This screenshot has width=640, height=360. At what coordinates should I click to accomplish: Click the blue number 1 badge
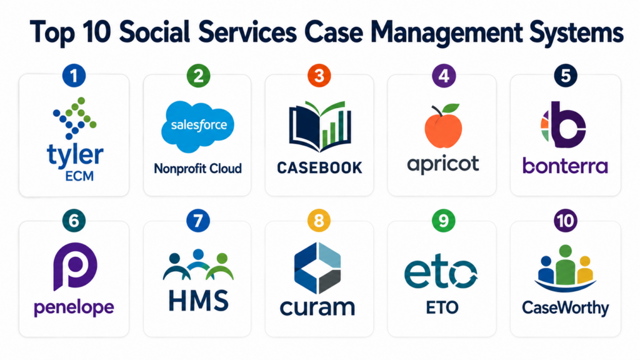tap(74, 76)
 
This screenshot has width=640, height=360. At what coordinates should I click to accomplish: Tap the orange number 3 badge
tap(319, 76)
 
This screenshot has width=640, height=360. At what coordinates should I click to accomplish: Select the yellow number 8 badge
tap(319, 221)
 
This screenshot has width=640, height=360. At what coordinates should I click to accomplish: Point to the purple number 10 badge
tap(565, 221)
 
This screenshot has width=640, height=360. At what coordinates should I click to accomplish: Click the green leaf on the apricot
tap(451, 108)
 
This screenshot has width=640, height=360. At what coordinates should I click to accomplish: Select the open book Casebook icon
tap(319, 126)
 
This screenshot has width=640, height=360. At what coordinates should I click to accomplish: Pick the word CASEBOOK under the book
tap(319, 167)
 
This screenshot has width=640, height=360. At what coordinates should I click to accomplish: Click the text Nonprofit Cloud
tap(197, 169)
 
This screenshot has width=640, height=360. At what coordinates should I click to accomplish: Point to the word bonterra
tap(565, 166)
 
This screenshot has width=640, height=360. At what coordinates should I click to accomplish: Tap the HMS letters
tap(198, 301)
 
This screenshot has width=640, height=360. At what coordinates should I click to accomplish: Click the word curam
tap(317, 307)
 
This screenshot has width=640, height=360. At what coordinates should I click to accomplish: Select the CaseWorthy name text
tap(565, 307)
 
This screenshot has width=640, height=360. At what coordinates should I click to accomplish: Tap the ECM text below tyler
tap(79, 176)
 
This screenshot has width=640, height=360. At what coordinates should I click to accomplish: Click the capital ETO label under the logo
tap(442, 307)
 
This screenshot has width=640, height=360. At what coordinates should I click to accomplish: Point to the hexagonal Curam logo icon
tap(317, 268)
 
